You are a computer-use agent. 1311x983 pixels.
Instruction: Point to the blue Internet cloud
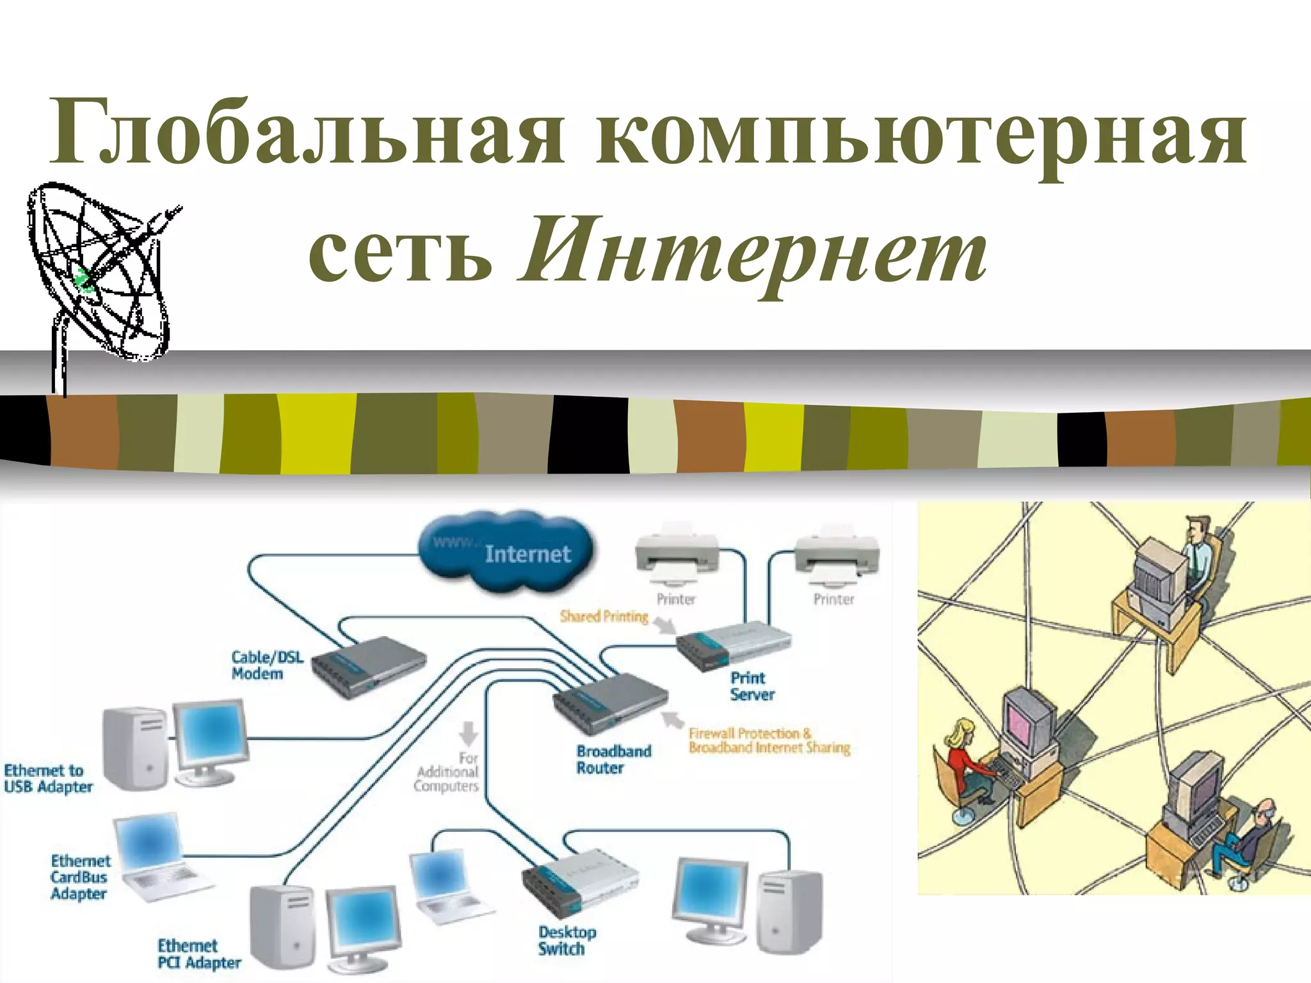(x=506, y=552)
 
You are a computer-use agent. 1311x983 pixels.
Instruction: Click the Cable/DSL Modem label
(x=266, y=666)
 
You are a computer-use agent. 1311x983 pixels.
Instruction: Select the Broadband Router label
(x=613, y=760)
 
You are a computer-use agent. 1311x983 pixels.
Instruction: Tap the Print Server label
(x=752, y=686)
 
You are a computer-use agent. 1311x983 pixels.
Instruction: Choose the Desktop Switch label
(x=566, y=941)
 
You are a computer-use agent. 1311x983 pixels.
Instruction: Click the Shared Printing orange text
(x=604, y=616)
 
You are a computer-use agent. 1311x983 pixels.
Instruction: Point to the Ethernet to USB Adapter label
(x=47, y=779)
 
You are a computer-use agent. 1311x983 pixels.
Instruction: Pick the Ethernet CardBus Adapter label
(x=80, y=877)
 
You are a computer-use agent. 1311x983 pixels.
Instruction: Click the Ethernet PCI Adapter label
(x=198, y=954)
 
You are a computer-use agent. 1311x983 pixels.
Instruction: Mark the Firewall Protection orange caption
(x=768, y=741)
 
